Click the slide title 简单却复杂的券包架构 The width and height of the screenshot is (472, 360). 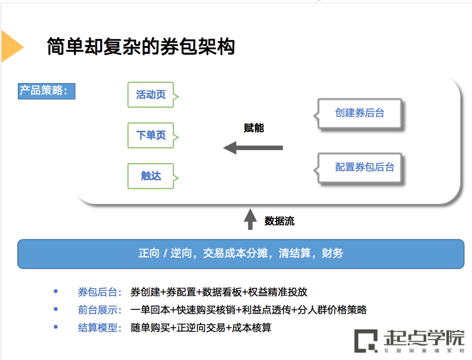coord(141,46)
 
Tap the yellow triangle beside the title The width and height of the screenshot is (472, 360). coord(10,46)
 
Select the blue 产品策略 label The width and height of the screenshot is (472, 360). coord(46,91)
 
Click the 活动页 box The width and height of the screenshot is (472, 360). coord(151,94)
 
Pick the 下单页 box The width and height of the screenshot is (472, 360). coord(151,135)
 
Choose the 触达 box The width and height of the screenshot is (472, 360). coord(151,176)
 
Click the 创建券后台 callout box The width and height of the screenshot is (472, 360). coord(360,113)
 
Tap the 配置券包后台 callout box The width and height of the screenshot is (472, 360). coord(364,167)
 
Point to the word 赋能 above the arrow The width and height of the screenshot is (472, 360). coord(254,128)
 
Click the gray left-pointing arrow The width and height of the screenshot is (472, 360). coord(253,148)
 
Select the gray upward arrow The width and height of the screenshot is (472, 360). coord(250,219)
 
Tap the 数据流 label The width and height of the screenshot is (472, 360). coord(279,221)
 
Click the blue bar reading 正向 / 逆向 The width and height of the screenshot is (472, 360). coord(241,254)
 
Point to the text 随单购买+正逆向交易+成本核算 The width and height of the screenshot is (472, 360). coord(201,328)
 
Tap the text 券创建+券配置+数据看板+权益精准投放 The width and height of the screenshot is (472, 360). coord(219,292)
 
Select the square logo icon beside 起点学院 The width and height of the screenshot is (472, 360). coord(366,341)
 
